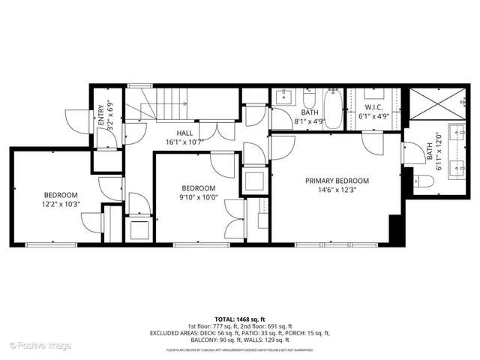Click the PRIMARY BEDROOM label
tap(337, 181)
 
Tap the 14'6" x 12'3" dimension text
tap(337, 190)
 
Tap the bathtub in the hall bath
tap(334, 109)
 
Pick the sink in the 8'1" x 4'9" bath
tap(284, 96)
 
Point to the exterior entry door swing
tap(74, 118)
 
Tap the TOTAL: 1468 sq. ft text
tap(239, 319)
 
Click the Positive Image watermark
tap(40, 346)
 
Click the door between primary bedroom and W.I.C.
tap(371, 142)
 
